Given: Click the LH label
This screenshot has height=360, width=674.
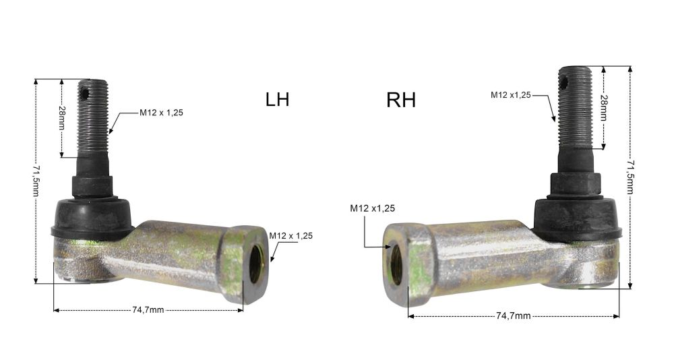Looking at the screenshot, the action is click(277, 99).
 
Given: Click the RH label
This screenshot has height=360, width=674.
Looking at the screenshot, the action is click(401, 100).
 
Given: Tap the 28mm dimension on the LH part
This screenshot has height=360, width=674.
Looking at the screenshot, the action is click(61, 118).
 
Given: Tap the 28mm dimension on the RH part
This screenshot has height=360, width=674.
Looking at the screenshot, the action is click(603, 107).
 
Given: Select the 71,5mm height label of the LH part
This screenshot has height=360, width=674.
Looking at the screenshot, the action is click(36, 181).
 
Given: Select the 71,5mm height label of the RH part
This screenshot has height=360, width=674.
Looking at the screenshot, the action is click(630, 177).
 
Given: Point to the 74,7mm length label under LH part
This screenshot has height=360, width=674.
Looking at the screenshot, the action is click(148, 310).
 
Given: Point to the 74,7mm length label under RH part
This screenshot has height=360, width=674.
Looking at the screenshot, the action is click(513, 316).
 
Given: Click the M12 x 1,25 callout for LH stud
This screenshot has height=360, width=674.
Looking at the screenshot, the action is click(161, 113).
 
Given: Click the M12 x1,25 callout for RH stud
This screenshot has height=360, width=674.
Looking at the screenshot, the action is click(511, 95).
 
